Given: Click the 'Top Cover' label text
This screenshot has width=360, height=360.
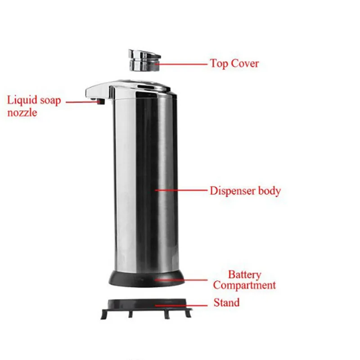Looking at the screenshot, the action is click(234, 63).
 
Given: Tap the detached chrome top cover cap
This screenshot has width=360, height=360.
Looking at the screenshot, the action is click(144, 59).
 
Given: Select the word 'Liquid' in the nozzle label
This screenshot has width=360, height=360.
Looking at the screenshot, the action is click(22, 100).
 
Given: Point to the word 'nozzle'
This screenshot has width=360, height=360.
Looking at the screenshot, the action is click(22, 112).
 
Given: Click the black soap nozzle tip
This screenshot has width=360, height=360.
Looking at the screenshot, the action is click(101, 103).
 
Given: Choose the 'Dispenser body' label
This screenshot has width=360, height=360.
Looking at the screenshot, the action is click(245, 191).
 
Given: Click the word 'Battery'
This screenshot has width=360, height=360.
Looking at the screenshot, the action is click(244, 274).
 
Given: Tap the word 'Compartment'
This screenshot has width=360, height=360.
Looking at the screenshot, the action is click(244, 285).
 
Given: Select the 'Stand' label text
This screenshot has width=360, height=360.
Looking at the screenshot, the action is click(226, 302).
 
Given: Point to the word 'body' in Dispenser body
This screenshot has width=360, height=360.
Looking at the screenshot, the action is click(269, 191).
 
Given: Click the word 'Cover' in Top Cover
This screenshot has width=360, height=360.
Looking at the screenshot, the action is click(245, 63).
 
